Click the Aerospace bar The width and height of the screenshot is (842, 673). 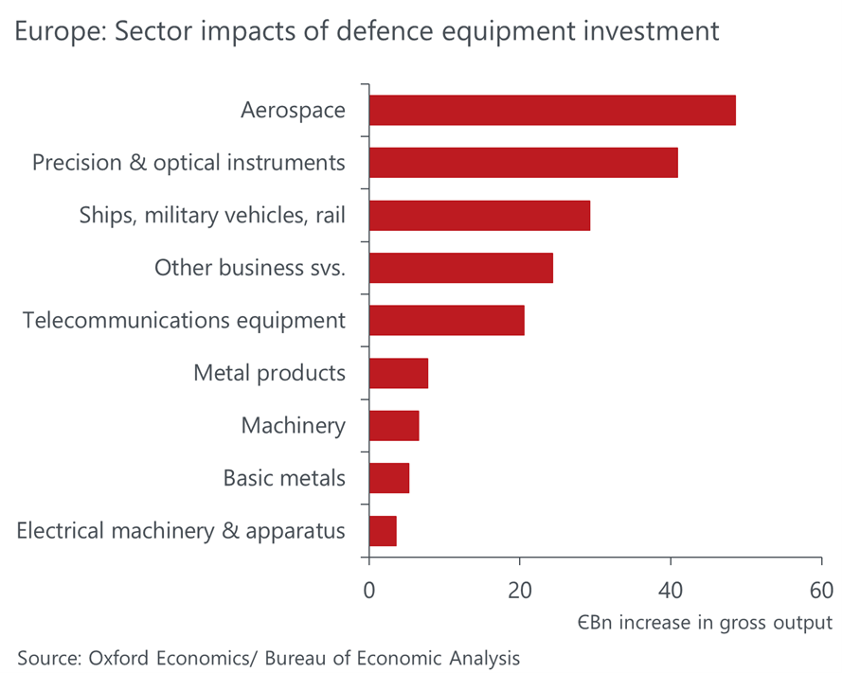[x=551, y=111]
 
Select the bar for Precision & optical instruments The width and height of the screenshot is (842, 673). [x=523, y=163]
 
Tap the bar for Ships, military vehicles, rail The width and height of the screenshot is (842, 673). [x=479, y=216]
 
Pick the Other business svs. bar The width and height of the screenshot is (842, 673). [x=460, y=268]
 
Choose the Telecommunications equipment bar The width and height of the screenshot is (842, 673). [x=446, y=321]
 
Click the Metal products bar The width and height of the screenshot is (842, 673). [x=398, y=373]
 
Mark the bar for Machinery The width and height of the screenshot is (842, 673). [x=393, y=426]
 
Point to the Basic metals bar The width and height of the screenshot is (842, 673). [x=388, y=478]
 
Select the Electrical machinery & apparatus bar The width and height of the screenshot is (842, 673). [x=382, y=531]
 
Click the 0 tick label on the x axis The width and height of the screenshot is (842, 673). [x=368, y=590]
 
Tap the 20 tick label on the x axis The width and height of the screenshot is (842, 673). [x=519, y=590]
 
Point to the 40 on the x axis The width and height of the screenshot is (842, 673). [x=670, y=590]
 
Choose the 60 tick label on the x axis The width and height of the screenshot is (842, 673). [x=820, y=590]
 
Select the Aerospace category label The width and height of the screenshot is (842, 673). [x=293, y=111]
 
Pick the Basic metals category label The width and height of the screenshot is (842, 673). [x=284, y=478]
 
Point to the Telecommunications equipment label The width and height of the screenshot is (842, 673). [x=184, y=321]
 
